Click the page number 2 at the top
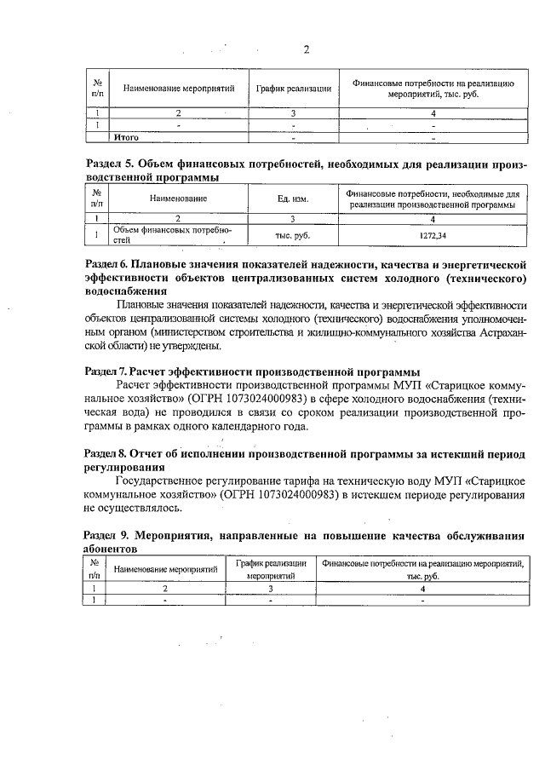pos(307,49)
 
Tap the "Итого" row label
pos(126,136)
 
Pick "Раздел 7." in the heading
pos(109,371)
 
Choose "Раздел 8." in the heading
pos(109,452)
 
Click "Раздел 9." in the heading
pos(110,536)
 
